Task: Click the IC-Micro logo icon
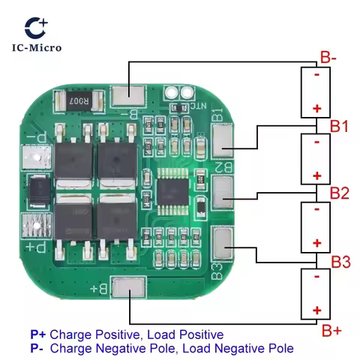tap(36, 27)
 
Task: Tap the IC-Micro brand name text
tap(36, 48)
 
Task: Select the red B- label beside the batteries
tap(328, 57)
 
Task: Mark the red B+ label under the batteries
tap(331, 329)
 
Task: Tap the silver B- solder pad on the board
tap(128, 94)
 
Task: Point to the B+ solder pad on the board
tap(127, 287)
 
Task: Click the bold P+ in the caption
tap(38, 334)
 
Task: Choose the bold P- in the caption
tap(37, 348)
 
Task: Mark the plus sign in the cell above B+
tap(317, 310)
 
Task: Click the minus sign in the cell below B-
tap(317, 75)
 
